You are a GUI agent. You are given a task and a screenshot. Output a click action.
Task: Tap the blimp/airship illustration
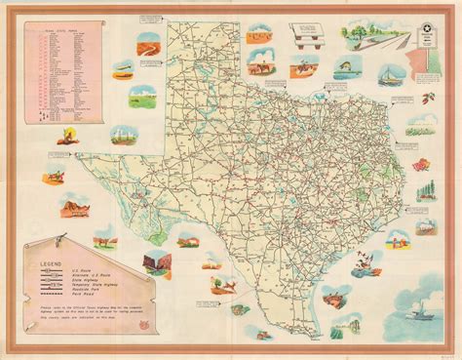pos(123,69)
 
